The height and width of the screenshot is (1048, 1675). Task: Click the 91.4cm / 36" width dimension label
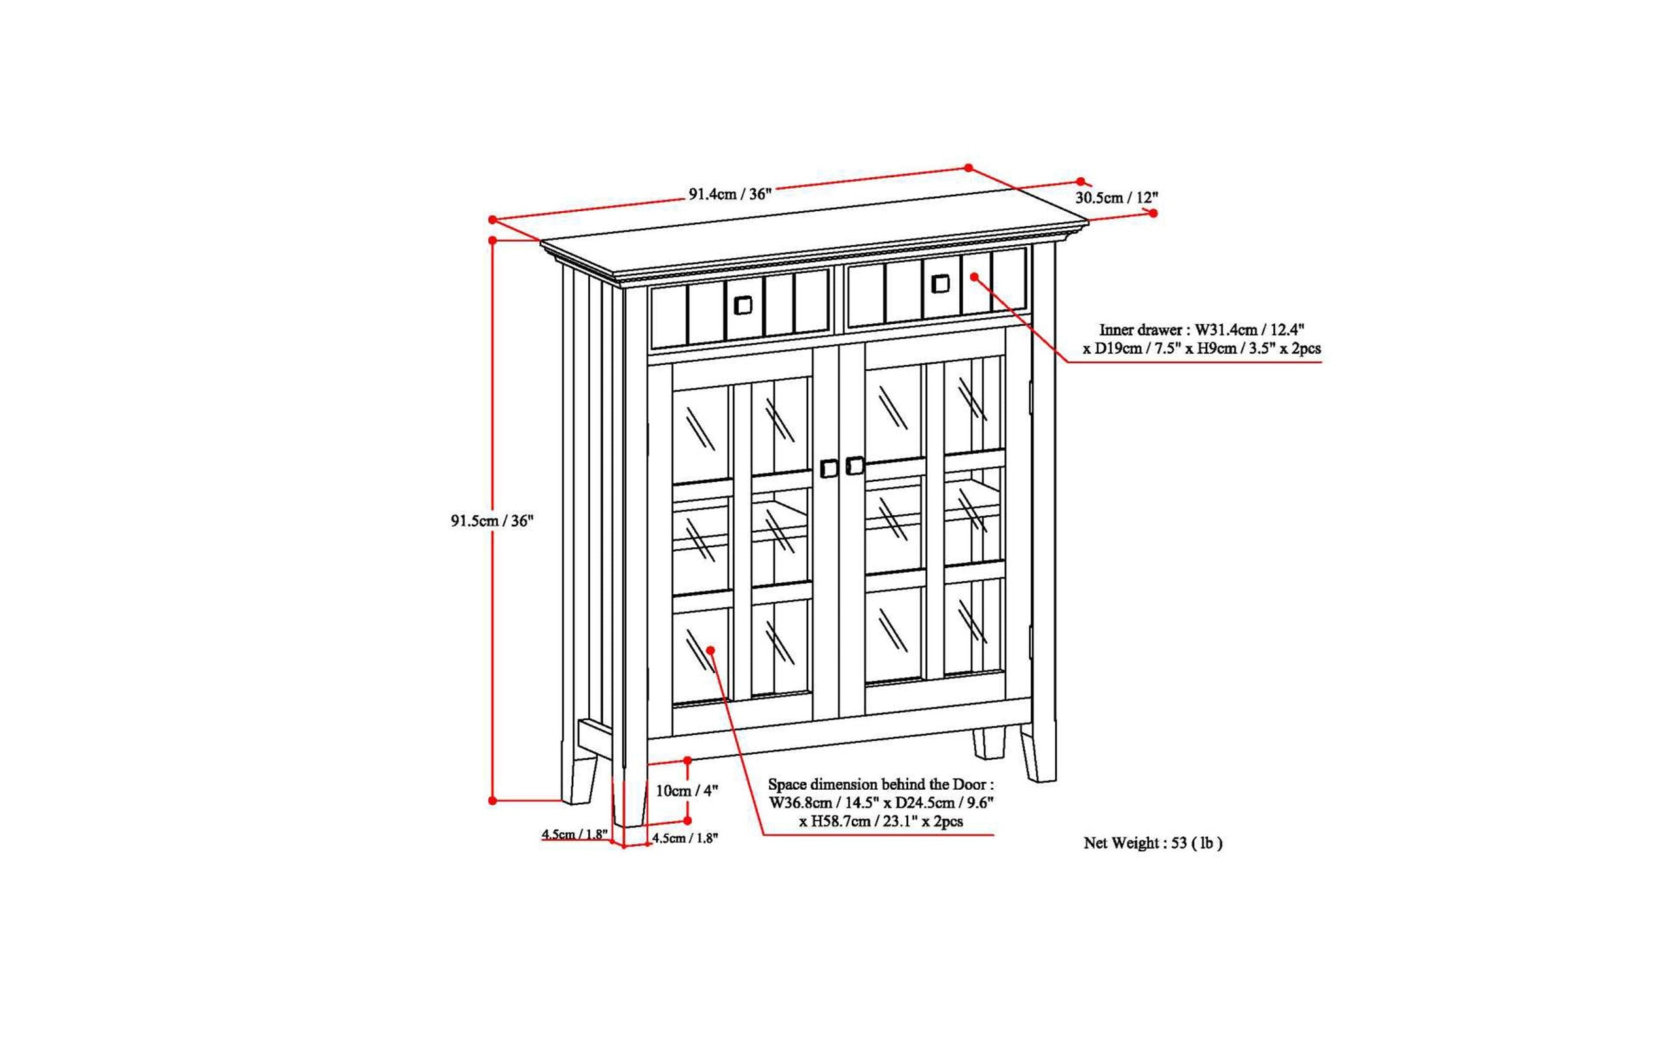(x=730, y=194)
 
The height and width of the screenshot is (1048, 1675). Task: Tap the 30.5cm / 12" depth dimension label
(x=1117, y=197)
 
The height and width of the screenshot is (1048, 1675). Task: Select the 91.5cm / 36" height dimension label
(x=493, y=521)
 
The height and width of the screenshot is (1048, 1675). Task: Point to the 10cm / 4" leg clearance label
(x=686, y=790)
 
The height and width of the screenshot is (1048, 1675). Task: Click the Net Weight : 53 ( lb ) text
(x=1153, y=843)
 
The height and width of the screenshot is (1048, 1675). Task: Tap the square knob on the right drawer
(x=940, y=284)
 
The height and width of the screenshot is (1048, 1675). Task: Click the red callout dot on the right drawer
(x=974, y=277)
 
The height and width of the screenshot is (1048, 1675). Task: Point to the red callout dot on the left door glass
(x=710, y=649)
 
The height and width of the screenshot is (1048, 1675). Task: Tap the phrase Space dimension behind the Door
(x=879, y=785)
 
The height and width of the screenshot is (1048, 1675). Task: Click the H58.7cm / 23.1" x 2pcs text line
(x=881, y=822)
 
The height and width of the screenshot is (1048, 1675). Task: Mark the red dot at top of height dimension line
(x=493, y=240)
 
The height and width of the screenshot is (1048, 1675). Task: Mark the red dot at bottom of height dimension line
(x=493, y=801)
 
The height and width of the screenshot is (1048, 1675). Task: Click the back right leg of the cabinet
(x=989, y=743)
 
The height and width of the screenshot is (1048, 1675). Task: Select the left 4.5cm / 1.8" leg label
(x=575, y=834)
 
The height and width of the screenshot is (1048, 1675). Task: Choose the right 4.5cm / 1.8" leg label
(x=684, y=839)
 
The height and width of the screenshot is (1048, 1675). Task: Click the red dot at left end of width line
(x=492, y=220)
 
